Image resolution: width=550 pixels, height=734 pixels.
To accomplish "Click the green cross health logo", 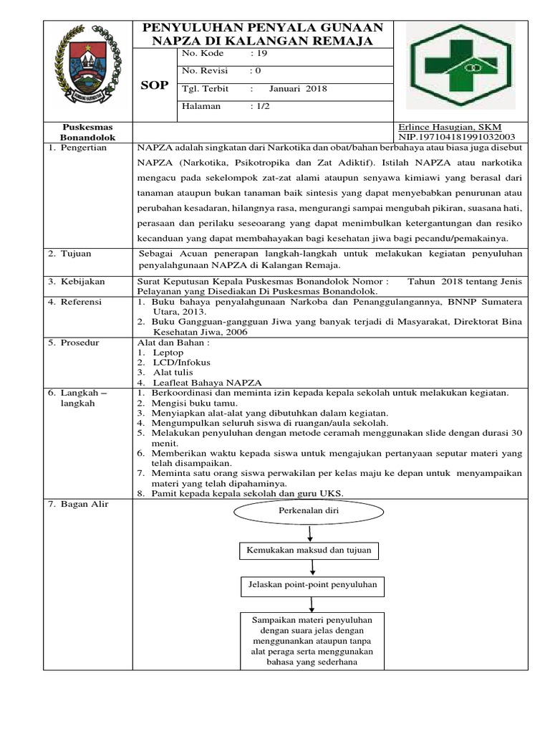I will [x=465, y=69].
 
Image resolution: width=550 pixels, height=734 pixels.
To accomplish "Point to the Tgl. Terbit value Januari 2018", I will [x=297, y=89].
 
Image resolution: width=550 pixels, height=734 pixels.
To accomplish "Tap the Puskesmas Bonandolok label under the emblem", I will [x=90, y=131].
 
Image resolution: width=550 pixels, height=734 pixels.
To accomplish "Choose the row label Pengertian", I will [x=82, y=147].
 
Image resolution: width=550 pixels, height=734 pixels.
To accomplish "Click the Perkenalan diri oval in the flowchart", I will [x=309, y=512].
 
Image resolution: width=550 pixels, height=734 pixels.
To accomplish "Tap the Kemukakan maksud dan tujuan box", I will [x=309, y=550].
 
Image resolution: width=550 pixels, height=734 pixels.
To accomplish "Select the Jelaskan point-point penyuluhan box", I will [x=312, y=586].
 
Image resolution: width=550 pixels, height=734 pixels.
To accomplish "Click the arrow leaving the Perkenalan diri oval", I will [x=309, y=532].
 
